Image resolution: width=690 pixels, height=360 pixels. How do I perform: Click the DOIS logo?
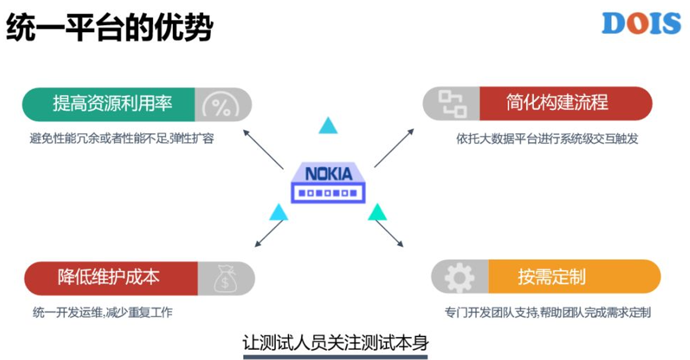click(x=641, y=24)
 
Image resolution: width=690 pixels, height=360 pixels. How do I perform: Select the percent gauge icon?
click(x=220, y=105)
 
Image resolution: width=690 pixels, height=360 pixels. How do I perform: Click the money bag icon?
click(x=225, y=278)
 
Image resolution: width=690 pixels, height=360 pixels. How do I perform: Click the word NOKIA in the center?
click(x=328, y=174)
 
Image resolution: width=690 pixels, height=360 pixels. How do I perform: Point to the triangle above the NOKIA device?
click(x=328, y=125)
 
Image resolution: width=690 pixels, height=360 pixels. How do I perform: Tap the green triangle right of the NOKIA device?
click(x=377, y=212)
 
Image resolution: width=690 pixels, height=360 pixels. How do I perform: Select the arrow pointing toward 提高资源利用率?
click(x=263, y=150)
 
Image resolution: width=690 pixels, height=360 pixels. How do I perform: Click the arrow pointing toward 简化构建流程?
click(x=394, y=148)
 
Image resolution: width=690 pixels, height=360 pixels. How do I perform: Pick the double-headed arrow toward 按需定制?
click(x=389, y=233)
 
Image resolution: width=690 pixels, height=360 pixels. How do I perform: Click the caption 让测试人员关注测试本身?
click(x=335, y=343)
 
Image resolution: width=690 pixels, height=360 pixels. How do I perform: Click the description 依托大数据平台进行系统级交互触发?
click(x=547, y=139)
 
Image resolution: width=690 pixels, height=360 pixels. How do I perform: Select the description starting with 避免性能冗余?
click(x=122, y=138)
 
